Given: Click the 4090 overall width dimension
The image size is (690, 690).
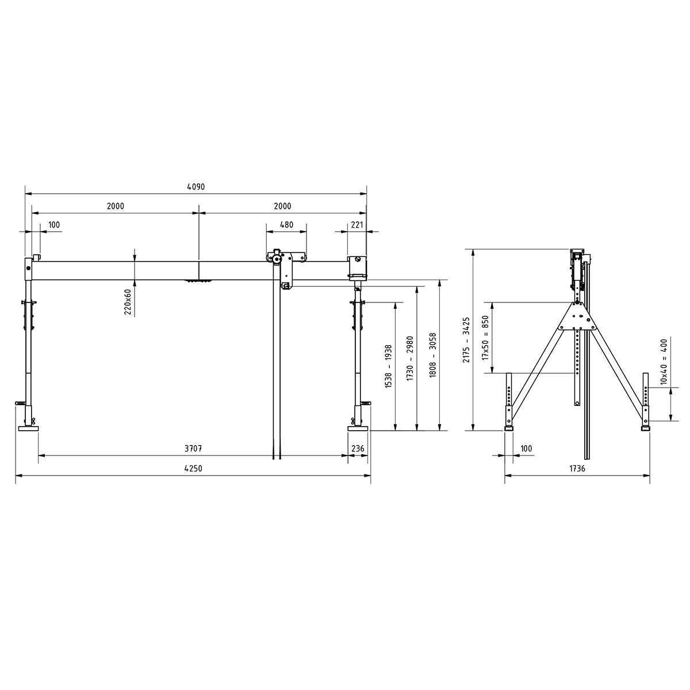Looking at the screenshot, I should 196,187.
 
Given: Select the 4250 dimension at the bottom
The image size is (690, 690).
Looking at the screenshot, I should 193,469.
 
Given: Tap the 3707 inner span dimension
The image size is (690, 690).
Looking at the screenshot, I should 193,448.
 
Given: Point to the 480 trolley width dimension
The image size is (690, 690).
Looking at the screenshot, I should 286,225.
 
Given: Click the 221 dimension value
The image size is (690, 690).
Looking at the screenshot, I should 357,225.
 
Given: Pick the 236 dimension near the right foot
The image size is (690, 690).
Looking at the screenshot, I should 358,448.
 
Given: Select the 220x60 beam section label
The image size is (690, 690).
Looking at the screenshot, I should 128,301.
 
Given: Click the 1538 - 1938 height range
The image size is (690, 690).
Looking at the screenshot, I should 389,365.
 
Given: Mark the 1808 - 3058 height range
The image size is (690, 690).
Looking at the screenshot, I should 433,355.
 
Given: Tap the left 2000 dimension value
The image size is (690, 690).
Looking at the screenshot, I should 116,206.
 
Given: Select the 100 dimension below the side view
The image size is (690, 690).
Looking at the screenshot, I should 526,448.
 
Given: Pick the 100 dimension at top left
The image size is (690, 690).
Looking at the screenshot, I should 54,225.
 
